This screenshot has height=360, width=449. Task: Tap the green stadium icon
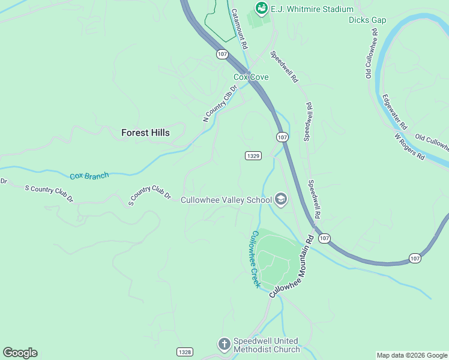261,8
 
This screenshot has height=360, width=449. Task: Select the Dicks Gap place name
367,20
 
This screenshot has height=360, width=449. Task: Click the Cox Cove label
251,77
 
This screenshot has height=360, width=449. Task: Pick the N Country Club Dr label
220,103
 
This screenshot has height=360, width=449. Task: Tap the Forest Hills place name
145,133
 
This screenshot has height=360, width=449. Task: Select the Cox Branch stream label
89,176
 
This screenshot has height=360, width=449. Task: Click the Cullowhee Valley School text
226,200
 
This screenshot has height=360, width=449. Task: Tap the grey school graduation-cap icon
280,199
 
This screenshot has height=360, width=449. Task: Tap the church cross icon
224,344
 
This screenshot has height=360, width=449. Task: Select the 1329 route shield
253,155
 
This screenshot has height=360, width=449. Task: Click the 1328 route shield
185,351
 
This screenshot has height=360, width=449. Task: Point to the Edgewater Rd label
394,112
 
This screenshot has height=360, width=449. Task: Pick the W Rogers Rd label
410,146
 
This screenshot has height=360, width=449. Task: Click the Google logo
20,353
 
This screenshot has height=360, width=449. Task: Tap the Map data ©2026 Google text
412,355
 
